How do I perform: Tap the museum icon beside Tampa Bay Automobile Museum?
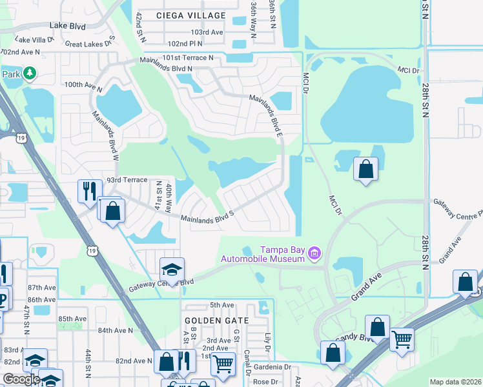pyautogui.click(x=314, y=253)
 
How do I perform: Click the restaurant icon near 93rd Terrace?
pyautogui.click(x=88, y=190)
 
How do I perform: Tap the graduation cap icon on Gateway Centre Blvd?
pyautogui.click(x=172, y=268)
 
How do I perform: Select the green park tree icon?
pyautogui.click(x=29, y=74)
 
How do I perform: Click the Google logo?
pyautogui.click(x=21, y=379)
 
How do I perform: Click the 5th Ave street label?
pyautogui.click(x=221, y=304)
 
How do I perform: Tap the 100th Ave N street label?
pyautogui.click(x=83, y=84)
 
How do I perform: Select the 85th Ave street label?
pyautogui.click(x=72, y=319)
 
